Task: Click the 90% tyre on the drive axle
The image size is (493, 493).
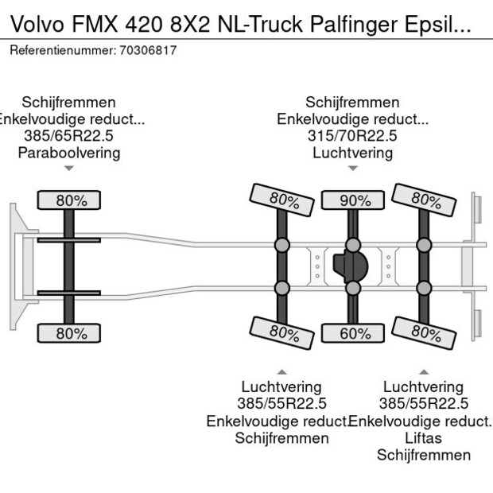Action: point(351,200)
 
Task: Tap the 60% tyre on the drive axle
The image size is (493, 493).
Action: point(351,333)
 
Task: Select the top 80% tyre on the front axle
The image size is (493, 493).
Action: point(71,200)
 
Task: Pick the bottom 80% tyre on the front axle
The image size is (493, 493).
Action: point(71,333)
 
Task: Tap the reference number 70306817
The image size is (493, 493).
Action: point(147,50)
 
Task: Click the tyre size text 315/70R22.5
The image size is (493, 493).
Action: point(352,136)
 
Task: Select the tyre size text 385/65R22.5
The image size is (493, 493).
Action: point(69,136)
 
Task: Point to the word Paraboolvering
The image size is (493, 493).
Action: point(69,153)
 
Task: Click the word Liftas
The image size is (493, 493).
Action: point(423,438)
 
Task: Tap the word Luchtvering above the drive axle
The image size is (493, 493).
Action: point(352,153)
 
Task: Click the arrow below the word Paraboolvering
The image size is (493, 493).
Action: point(69,169)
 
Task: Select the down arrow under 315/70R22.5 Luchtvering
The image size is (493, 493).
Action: point(352,169)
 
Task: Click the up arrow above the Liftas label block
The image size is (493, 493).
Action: point(423,372)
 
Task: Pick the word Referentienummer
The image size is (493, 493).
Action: point(62,50)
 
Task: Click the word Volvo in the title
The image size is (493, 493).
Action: point(33,25)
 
